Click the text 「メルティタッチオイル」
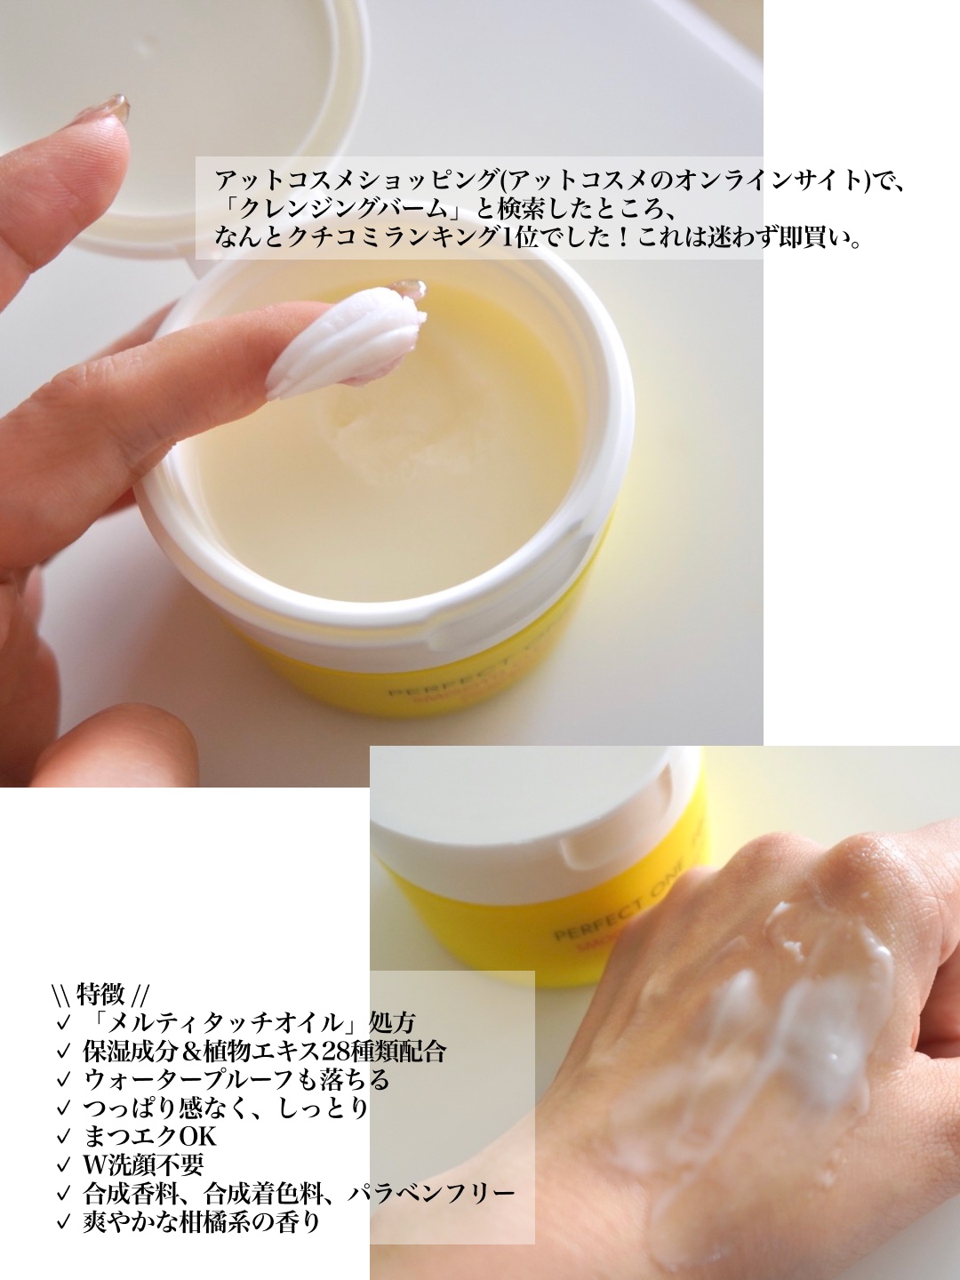[226, 1022]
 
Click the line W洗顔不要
[144, 1164]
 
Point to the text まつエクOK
[149, 1136]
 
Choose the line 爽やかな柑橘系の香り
[201, 1221]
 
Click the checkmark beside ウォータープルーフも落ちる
[62, 1080]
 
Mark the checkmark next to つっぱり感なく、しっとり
[62, 1108]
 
